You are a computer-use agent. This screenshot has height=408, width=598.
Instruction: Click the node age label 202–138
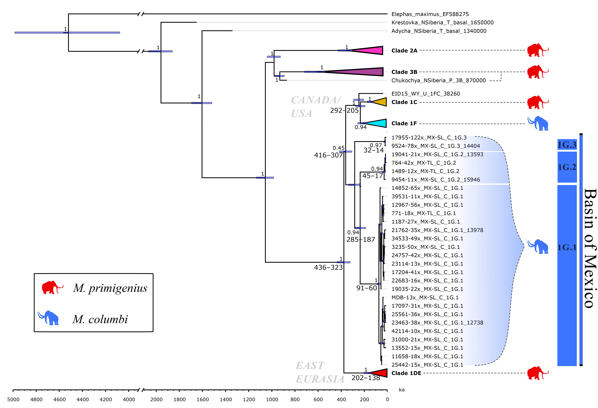tap(366, 378)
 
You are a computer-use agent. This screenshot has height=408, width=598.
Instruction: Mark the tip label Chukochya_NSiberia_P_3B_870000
tap(438, 80)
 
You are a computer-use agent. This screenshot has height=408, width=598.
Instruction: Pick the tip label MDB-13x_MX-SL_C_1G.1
tap(425, 297)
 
